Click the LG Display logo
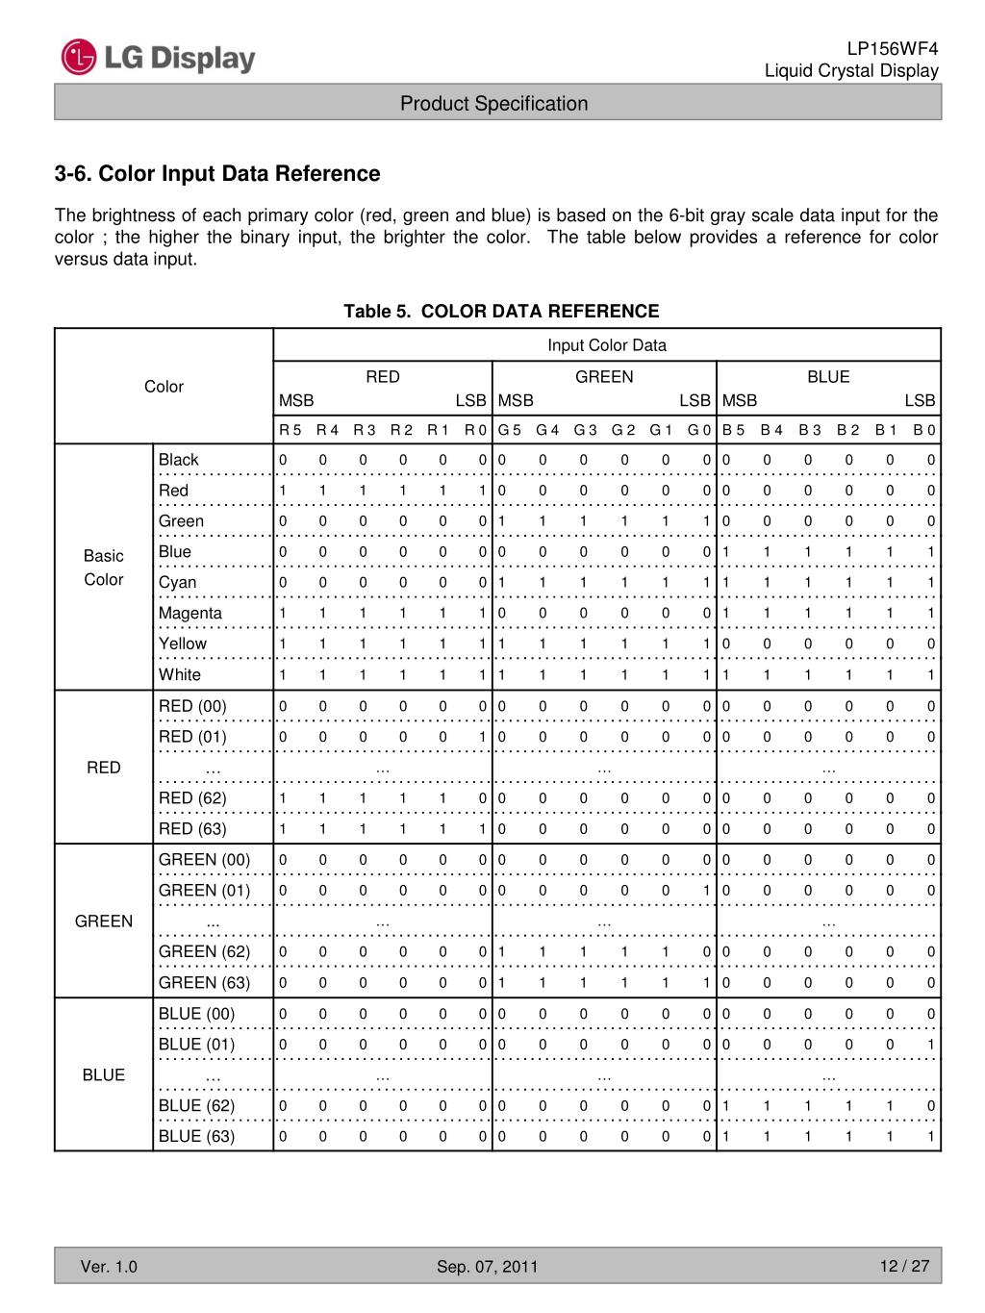(159, 58)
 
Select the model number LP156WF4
(892, 49)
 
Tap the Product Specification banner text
(493, 104)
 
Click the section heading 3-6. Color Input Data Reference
(217, 174)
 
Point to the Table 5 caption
(501, 312)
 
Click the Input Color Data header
(606, 345)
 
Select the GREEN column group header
(604, 377)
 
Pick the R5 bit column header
(290, 430)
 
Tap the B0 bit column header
(924, 430)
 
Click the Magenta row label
(190, 614)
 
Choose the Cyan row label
(178, 583)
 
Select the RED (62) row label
(192, 798)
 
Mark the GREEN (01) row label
(204, 891)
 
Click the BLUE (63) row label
(196, 1137)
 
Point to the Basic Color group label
(104, 568)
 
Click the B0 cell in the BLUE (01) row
(930, 1045)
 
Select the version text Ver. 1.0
(109, 1267)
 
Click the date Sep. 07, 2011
(488, 1267)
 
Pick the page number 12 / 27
(904, 1266)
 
